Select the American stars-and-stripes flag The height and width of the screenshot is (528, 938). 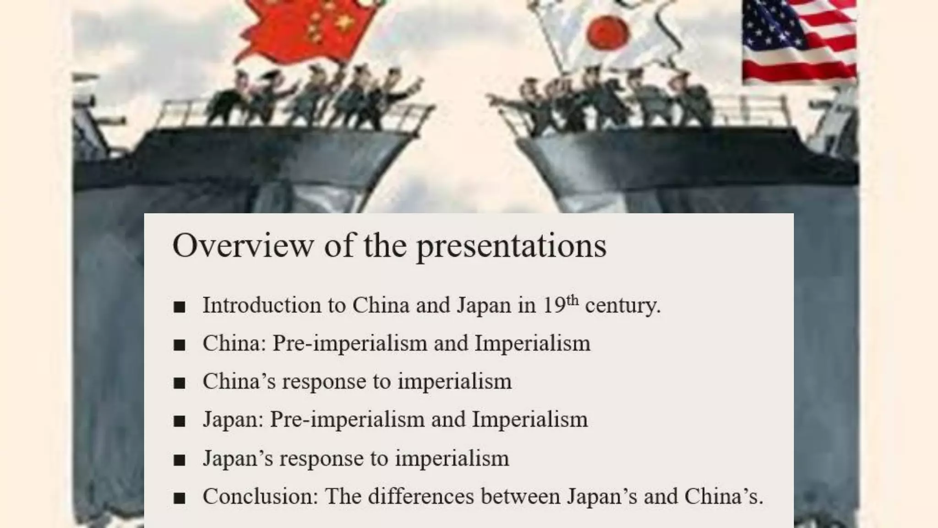(x=799, y=41)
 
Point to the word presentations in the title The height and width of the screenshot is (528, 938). (x=511, y=247)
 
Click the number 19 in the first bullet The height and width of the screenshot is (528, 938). (x=554, y=305)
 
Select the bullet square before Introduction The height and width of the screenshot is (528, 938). (x=180, y=307)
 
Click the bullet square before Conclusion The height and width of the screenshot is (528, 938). (x=180, y=498)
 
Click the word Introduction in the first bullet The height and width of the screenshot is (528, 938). (x=262, y=305)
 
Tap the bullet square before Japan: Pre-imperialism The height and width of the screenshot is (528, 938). (x=180, y=421)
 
